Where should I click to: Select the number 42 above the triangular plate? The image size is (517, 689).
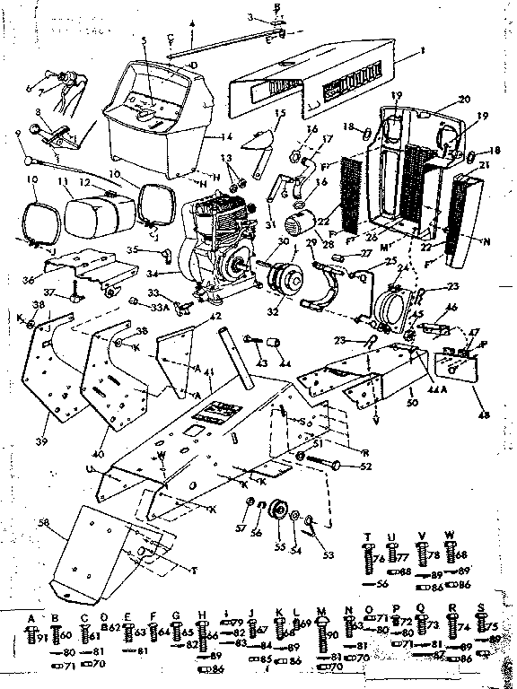click(215, 316)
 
